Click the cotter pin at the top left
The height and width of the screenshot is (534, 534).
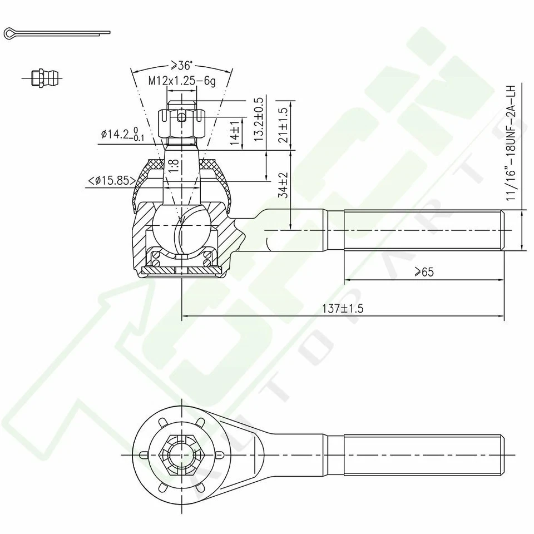coord(56,33)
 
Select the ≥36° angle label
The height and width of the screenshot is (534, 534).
coord(181,65)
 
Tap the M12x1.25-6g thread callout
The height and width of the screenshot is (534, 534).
coord(181,81)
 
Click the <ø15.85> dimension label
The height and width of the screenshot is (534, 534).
coord(111,180)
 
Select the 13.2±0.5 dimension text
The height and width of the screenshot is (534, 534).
coord(258,120)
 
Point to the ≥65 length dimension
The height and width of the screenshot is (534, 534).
coord(424,271)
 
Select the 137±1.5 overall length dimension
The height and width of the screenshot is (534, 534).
coord(342,309)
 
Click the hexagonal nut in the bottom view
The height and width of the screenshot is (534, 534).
coord(182,454)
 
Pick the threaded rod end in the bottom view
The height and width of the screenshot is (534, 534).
coord(423,454)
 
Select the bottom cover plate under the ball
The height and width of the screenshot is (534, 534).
coord(181,270)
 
